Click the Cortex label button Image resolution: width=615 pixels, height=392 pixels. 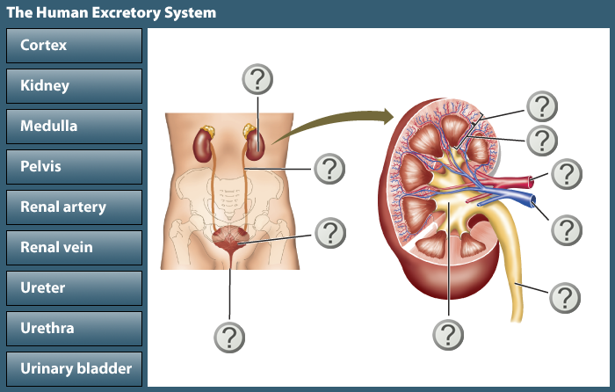(74, 46)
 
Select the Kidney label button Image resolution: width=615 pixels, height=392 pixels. (74, 86)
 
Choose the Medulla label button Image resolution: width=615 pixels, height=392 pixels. (74, 127)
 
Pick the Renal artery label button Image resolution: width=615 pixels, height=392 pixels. (74, 207)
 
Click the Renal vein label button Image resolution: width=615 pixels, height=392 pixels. (74, 248)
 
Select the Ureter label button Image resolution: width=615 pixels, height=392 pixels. (74, 288)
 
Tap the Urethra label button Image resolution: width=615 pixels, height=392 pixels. (74, 329)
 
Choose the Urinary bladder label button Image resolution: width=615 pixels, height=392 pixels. (74, 369)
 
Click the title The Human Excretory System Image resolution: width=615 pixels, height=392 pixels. (112, 13)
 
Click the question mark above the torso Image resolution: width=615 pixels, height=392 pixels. (257, 79)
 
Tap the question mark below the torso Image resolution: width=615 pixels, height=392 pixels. (229, 336)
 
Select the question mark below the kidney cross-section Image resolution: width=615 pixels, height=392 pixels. (449, 334)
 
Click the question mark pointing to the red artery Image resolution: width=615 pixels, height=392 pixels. (567, 173)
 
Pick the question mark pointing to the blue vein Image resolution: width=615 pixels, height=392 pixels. (567, 229)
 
